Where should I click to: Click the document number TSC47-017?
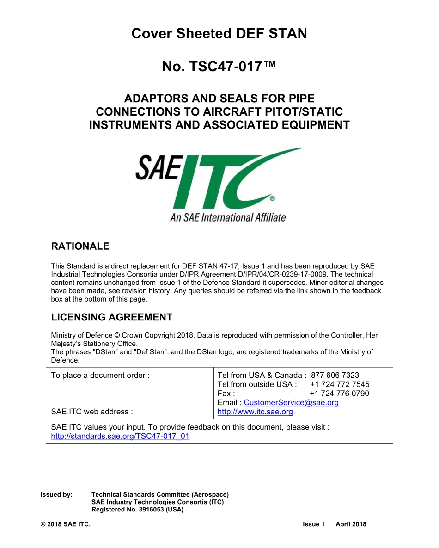(x=219, y=67)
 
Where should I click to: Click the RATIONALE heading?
(x=80, y=246)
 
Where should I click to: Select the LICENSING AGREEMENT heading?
(x=111, y=317)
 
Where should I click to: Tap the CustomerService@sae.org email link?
(x=291, y=403)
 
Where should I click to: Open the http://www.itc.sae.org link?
(x=255, y=412)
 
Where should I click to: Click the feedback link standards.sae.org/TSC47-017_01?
(x=120, y=436)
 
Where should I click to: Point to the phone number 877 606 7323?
(x=335, y=375)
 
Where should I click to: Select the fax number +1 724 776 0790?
(x=339, y=394)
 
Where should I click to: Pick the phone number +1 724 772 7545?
(x=339, y=384)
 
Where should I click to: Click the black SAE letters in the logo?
(x=157, y=168)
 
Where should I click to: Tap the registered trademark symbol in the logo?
(x=272, y=198)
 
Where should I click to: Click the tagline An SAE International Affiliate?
(x=228, y=217)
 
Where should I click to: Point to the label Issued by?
(x=56, y=494)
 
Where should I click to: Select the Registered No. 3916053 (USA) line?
(x=137, y=509)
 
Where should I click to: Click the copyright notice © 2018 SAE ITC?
(x=66, y=524)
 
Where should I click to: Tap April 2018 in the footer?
(x=351, y=524)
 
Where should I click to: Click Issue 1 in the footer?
(x=314, y=524)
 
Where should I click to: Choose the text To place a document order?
(x=100, y=375)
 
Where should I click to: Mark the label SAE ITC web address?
(x=92, y=412)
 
